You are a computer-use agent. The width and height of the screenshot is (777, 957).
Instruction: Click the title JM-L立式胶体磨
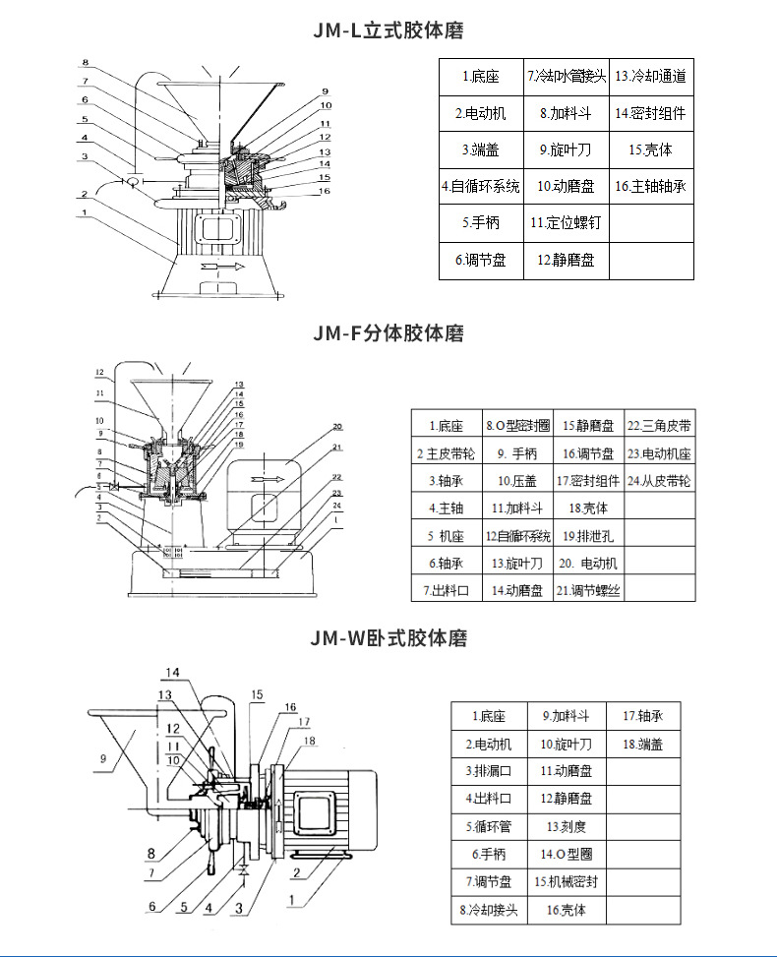[388, 31]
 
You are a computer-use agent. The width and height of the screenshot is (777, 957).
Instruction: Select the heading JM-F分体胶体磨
[388, 333]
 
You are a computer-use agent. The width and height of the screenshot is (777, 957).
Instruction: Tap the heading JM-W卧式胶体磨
[388, 638]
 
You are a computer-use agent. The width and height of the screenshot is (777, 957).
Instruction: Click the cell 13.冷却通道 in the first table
[650, 76]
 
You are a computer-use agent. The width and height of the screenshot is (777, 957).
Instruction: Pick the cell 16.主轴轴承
[650, 186]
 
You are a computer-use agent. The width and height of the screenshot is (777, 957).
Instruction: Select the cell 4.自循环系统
[480, 186]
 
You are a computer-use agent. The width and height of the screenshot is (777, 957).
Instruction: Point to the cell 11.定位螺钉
[565, 223]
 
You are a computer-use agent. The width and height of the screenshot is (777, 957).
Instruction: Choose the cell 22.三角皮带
[659, 426]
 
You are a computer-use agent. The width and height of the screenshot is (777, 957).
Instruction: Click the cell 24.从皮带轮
[659, 481]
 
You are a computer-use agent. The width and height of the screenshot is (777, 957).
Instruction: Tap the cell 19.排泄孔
[588, 536]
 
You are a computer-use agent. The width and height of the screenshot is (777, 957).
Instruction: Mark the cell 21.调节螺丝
[588, 590]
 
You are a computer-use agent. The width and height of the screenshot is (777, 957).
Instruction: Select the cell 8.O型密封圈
[517, 426]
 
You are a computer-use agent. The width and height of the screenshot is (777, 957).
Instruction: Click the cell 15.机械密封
[566, 882]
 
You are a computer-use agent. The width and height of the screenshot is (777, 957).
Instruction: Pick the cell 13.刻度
[566, 827]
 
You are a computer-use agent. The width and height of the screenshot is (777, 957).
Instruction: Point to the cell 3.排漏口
[489, 771]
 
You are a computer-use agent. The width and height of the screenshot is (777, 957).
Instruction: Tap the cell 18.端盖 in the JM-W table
[643, 745]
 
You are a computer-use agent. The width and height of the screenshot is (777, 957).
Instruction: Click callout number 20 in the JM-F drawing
[337, 427]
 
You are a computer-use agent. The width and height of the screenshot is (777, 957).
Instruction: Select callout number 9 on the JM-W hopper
[102, 758]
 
